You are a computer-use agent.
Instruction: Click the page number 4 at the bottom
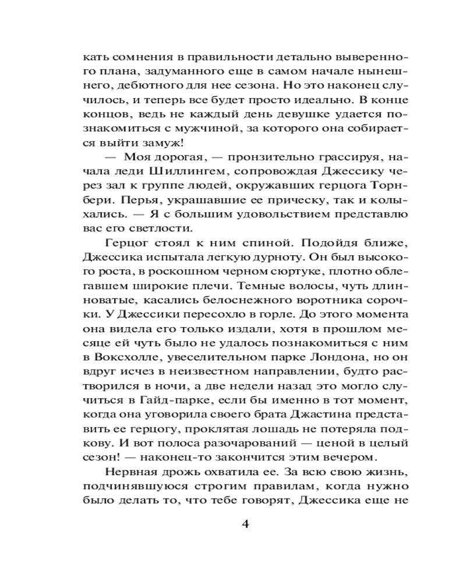pos(245,523)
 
